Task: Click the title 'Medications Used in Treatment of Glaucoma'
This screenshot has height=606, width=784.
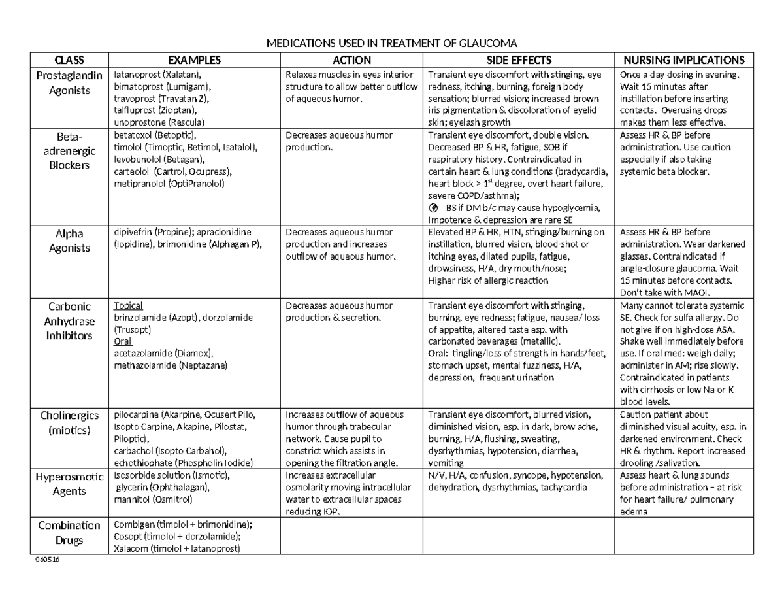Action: tap(391, 44)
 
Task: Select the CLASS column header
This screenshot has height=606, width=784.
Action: tap(69, 60)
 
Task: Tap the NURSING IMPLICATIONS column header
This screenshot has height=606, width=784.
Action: tap(685, 60)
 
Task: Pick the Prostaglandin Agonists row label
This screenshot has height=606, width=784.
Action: tap(69, 83)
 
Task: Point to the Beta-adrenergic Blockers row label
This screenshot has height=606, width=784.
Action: tap(69, 150)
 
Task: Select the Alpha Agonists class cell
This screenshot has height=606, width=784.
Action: tap(69, 240)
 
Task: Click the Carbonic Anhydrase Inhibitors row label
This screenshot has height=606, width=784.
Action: tap(69, 321)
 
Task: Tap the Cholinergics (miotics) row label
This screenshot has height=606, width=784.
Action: tap(69, 422)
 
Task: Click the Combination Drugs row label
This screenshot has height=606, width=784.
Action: tap(69, 533)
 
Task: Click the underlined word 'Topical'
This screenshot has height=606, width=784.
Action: tap(128, 305)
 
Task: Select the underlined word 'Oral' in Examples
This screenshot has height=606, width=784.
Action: tap(123, 341)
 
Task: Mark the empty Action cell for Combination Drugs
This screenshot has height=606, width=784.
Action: tap(352, 536)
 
